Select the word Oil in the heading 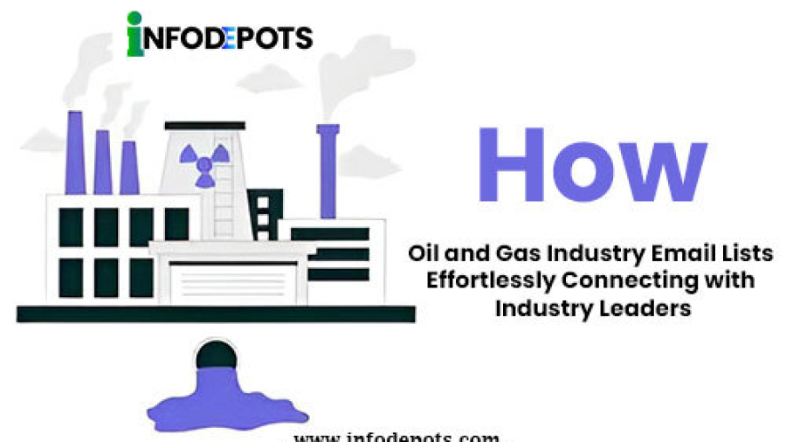[423, 254]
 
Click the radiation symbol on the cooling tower [203, 162]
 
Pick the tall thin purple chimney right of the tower [328, 170]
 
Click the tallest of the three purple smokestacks [75, 154]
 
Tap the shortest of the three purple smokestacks [129, 167]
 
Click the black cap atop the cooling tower [204, 126]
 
